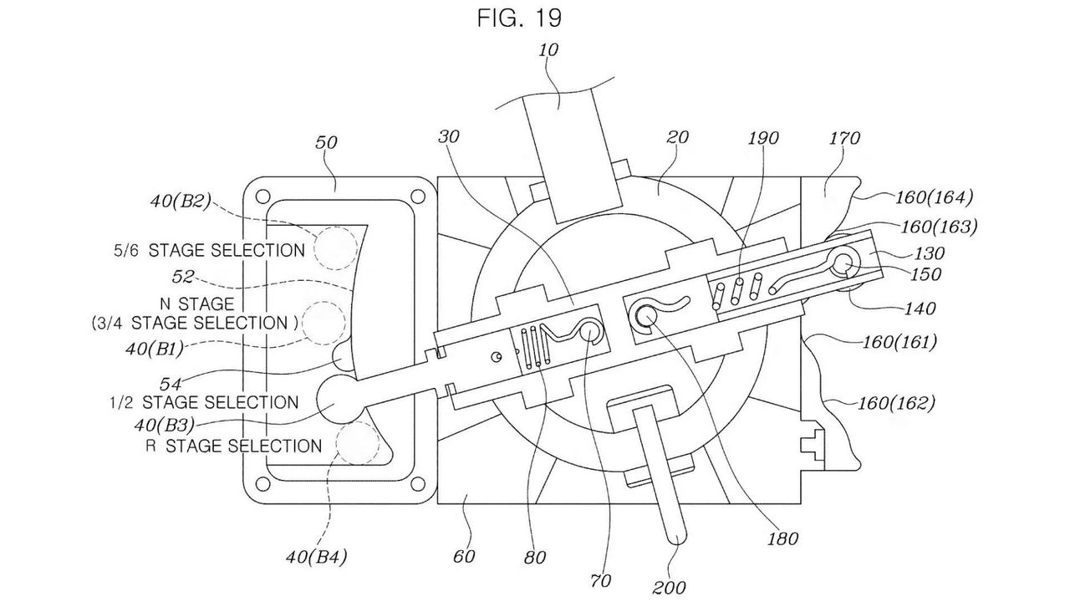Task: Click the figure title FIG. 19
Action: pos(520,18)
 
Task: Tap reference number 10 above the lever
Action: pos(548,49)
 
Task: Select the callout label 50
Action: pos(326,142)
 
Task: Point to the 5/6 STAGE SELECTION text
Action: pos(209,250)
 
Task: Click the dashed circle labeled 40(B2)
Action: pos(335,248)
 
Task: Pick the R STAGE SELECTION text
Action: pos(233,446)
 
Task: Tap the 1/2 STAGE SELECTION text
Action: pos(205,402)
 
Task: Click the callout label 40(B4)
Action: pos(316,557)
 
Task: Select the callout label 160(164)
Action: pos(934,197)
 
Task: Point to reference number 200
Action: pos(669,587)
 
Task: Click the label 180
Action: pos(782,539)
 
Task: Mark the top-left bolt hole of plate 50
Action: pos(262,196)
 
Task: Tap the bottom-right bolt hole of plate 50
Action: pos(417,484)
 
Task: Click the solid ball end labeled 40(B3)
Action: pos(339,400)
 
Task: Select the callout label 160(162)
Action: pos(897,404)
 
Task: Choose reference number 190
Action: pos(763,139)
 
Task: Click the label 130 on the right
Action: pos(929,253)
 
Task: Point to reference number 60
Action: pos(464,556)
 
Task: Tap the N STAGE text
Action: pos(197,304)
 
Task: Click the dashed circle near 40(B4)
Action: pos(358,443)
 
